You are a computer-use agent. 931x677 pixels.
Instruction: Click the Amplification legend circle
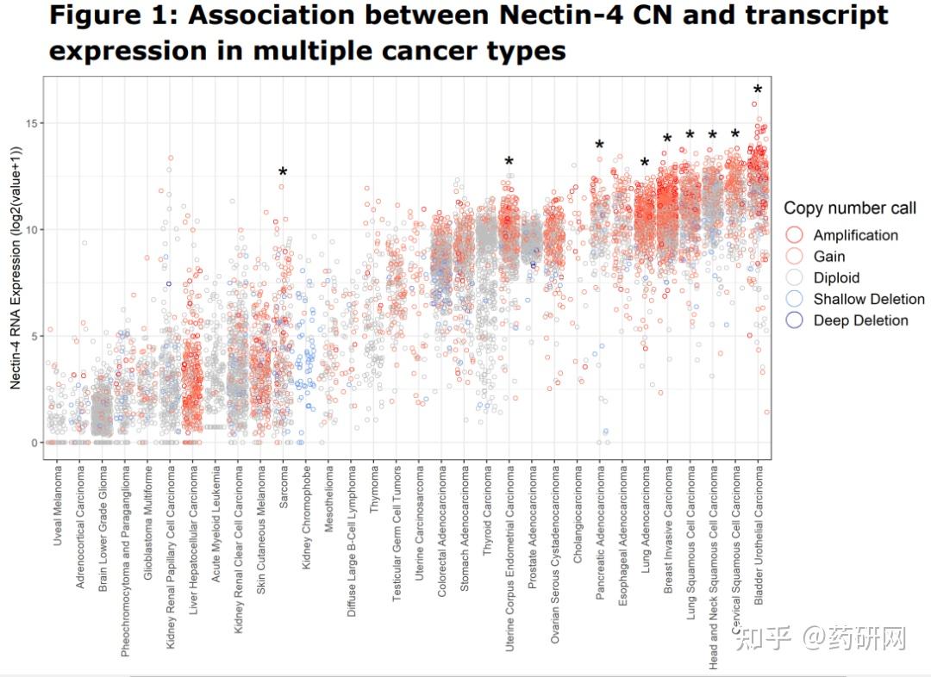coord(795,235)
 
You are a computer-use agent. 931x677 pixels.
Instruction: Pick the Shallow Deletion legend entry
coord(868,299)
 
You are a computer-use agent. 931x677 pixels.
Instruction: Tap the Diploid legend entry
coord(836,277)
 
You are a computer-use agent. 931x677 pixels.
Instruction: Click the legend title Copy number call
coord(849,208)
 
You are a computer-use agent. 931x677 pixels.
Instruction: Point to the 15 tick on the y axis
coord(31,123)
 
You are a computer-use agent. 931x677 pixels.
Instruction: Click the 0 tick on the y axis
coord(34,443)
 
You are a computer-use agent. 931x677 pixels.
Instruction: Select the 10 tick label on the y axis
coord(31,230)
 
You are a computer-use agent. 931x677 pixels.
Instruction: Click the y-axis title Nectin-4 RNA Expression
coord(16,267)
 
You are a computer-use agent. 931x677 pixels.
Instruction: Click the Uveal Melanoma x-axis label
coord(59,507)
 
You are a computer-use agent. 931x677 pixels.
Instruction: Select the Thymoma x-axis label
coord(375,490)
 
